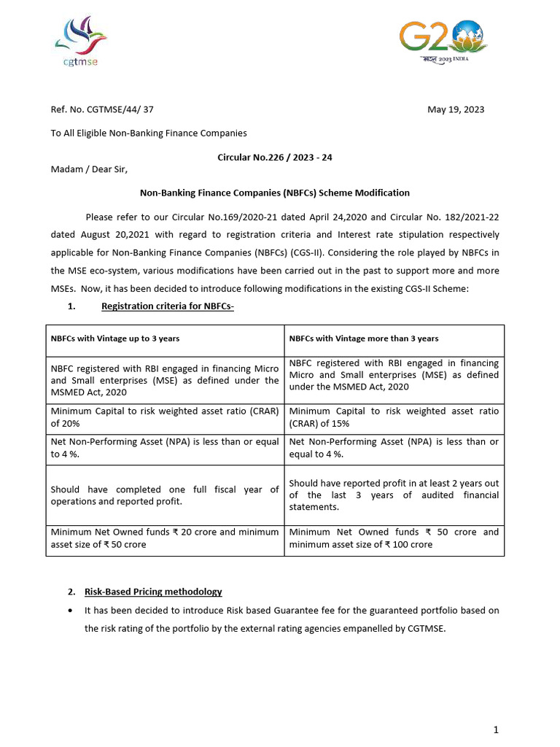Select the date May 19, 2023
pyautogui.click(x=455, y=110)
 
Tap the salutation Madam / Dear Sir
pyautogui.click(x=89, y=169)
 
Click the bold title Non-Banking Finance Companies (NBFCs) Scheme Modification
pyautogui.click(x=274, y=193)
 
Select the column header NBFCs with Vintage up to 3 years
pyautogui.click(x=114, y=338)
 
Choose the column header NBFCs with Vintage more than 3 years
pyautogui.click(x=364, y=338)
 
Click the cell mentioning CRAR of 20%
pyautogui.click(x=164, y=417)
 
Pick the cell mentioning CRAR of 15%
pyautogui.click(x=394, y=417)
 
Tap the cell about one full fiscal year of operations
pyautogui.click(x=164, y=495)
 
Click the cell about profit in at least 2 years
pyautogui.click(x=394, y=495)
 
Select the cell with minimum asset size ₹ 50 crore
pyautogui.click(x=164, y=538)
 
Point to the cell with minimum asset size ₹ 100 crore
pyautogui.click(x=394, y=538)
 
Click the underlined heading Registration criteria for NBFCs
pyautogui.click(x=168, y=306)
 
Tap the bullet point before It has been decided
pyautogui.click(x=69, y=610)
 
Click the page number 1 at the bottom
pyautogui.click(x=495, y=730)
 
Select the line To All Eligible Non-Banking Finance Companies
pyautogui.click(x=149, y=133)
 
